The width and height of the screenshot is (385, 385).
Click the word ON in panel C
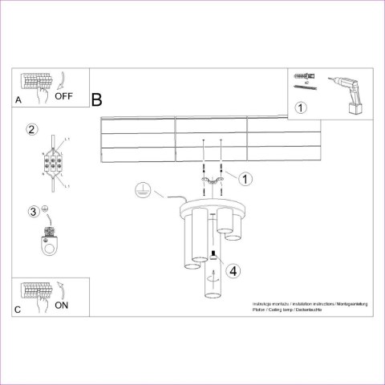62,305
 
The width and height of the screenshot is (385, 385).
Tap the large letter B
97,100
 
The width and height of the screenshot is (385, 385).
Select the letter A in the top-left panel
18,99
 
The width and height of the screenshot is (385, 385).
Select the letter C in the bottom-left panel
18,308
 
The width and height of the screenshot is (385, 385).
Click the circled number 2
32,129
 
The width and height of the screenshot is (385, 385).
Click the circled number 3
33,212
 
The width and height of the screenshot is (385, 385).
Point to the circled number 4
233,271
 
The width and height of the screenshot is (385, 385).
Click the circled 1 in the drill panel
300,107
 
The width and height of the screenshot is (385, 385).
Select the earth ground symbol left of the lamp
140,190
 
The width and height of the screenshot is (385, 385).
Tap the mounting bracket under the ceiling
212,186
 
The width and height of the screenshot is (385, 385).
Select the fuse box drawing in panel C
36,290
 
